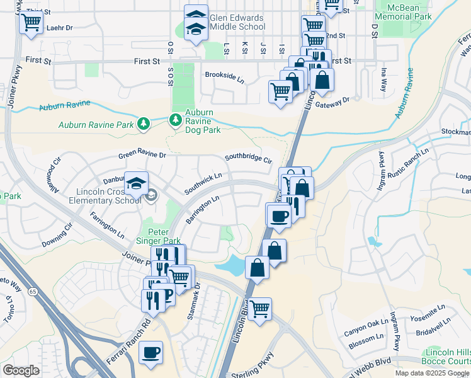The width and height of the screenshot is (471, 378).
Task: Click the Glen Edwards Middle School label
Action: click(x=237, y=22)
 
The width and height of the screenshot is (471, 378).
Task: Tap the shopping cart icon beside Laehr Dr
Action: click(x=31, y=23)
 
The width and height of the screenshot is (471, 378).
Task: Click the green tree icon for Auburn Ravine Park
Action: click(x=144, y=124)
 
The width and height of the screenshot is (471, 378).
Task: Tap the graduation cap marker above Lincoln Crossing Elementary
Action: click(x=136, y=184)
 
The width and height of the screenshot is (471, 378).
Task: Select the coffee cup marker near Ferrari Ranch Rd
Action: click(x=150, y=353)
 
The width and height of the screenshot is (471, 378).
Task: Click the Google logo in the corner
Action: click(x=21, y=370)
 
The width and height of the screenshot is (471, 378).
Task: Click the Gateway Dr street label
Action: click(x=332, y=100)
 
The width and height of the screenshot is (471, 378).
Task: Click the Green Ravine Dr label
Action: click(x=142, y=154)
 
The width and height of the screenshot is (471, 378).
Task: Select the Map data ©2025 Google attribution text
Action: click(x=431, y=373)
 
